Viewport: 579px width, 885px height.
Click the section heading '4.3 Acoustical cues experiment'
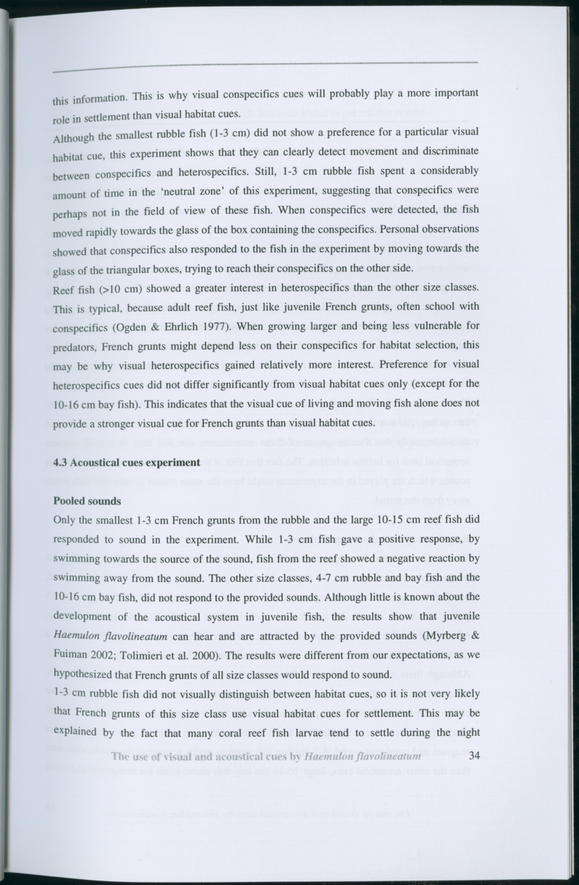pos(127,462)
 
